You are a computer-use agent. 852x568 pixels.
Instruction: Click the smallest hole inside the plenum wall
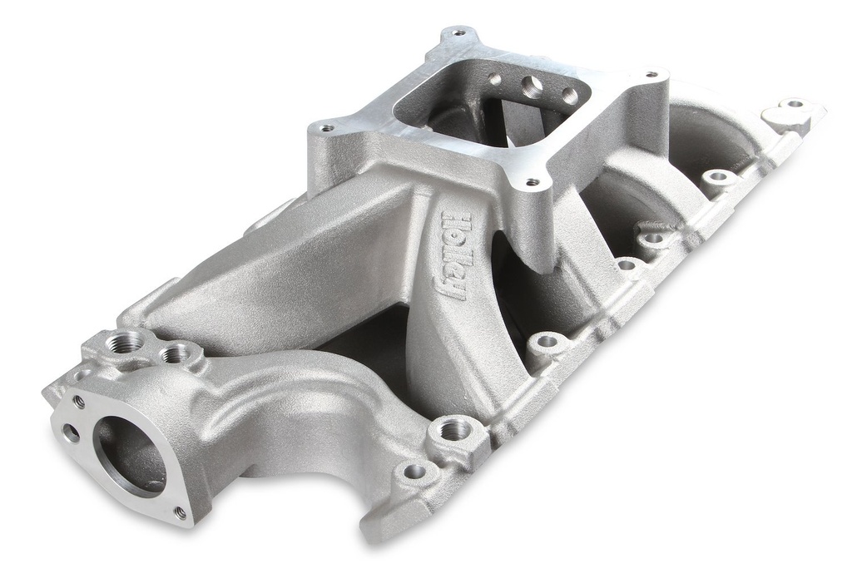[x=496, y=80]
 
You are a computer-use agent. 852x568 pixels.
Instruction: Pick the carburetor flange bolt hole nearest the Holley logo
[x=532, y=182]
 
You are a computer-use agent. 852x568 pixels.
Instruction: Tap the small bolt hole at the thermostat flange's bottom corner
[x=180, y=512]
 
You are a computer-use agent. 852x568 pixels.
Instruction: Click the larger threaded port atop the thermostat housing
[x=127, y=342]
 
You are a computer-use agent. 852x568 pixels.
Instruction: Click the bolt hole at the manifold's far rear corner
[x=795, y=104]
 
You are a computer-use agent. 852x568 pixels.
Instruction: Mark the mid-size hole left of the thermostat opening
[x=71, y=432]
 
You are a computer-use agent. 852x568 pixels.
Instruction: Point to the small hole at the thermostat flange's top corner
[x=78, y=401]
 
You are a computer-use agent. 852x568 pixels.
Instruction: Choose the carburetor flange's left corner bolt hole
[x=325, y=128]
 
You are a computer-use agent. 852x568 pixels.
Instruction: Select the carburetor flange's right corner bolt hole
[x=651, y=75]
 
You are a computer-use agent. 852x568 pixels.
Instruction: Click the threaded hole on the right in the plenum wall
[x=569, y=95]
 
